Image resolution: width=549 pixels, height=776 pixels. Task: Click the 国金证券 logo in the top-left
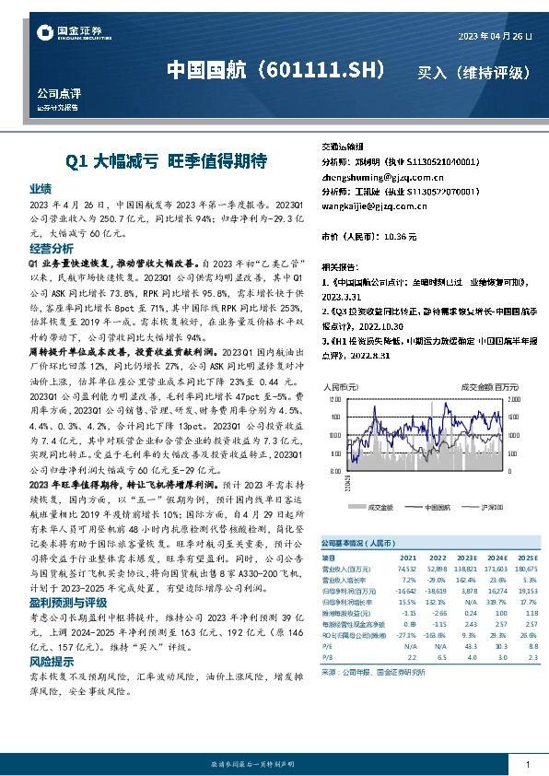pos(65,34)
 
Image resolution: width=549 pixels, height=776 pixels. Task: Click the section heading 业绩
pos(40,187)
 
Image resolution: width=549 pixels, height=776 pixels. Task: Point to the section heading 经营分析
pos(51,249)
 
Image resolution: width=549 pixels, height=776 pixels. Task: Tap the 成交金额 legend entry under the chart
pos(380,506)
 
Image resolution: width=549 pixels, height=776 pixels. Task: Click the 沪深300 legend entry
pos(489,506)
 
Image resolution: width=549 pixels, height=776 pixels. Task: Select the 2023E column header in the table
pos(468,558)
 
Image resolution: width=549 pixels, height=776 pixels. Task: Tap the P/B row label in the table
pos(327,656)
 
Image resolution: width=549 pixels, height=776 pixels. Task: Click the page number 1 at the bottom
pos(526,764)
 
